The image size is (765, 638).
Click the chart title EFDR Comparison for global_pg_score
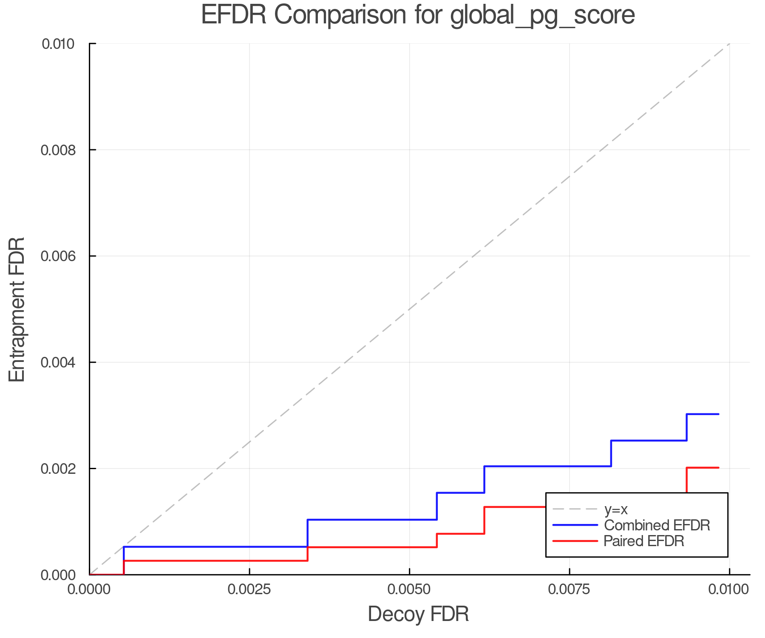[x=418, y=15]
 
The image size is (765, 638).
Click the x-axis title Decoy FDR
[x=418, y=614]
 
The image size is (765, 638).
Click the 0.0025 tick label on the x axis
[x=249, y=589]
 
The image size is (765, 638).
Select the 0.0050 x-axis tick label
[x=409, y=589]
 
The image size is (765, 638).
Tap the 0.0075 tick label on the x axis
[x=569, y=589]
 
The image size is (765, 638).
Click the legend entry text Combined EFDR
[x=657, y=525]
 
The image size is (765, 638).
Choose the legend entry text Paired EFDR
[x=644, y=541]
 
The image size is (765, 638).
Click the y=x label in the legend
[x=616, y=510]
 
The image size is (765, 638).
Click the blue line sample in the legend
[x=575, y=525]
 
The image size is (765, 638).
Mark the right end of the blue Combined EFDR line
[x=718, y=414]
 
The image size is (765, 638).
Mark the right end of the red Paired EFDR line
[x=718, y=467]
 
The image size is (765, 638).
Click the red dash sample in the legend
[x=575, y=541]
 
